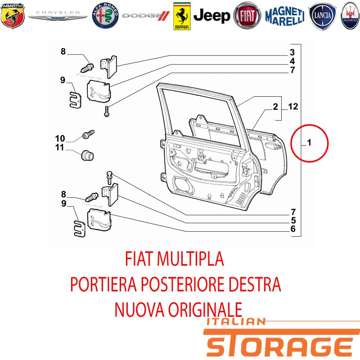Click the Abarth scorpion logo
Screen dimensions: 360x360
click(13, 16)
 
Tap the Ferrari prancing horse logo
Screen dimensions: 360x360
click(182, 16)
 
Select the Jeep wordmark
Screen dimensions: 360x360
click(211, 16)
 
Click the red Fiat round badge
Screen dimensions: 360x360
click(247, 16)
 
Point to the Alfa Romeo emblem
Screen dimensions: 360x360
click(105, 16)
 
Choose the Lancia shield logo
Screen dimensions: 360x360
click(322, 16)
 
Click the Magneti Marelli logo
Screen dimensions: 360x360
click(285, 16)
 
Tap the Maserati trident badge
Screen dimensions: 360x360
click(351, 16)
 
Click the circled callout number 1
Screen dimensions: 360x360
click(309, 143)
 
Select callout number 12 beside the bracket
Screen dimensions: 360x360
click(293, 106)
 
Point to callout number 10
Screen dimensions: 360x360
click(60, 139)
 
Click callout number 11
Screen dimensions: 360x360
click(60, 148)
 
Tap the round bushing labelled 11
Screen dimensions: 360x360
click(87, 156)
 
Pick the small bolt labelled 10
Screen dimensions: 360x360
click(88, 134)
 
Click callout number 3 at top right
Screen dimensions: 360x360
click(292, 52)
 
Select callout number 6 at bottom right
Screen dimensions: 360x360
click(293, 229)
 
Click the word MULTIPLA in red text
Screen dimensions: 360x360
click(190, 259)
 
